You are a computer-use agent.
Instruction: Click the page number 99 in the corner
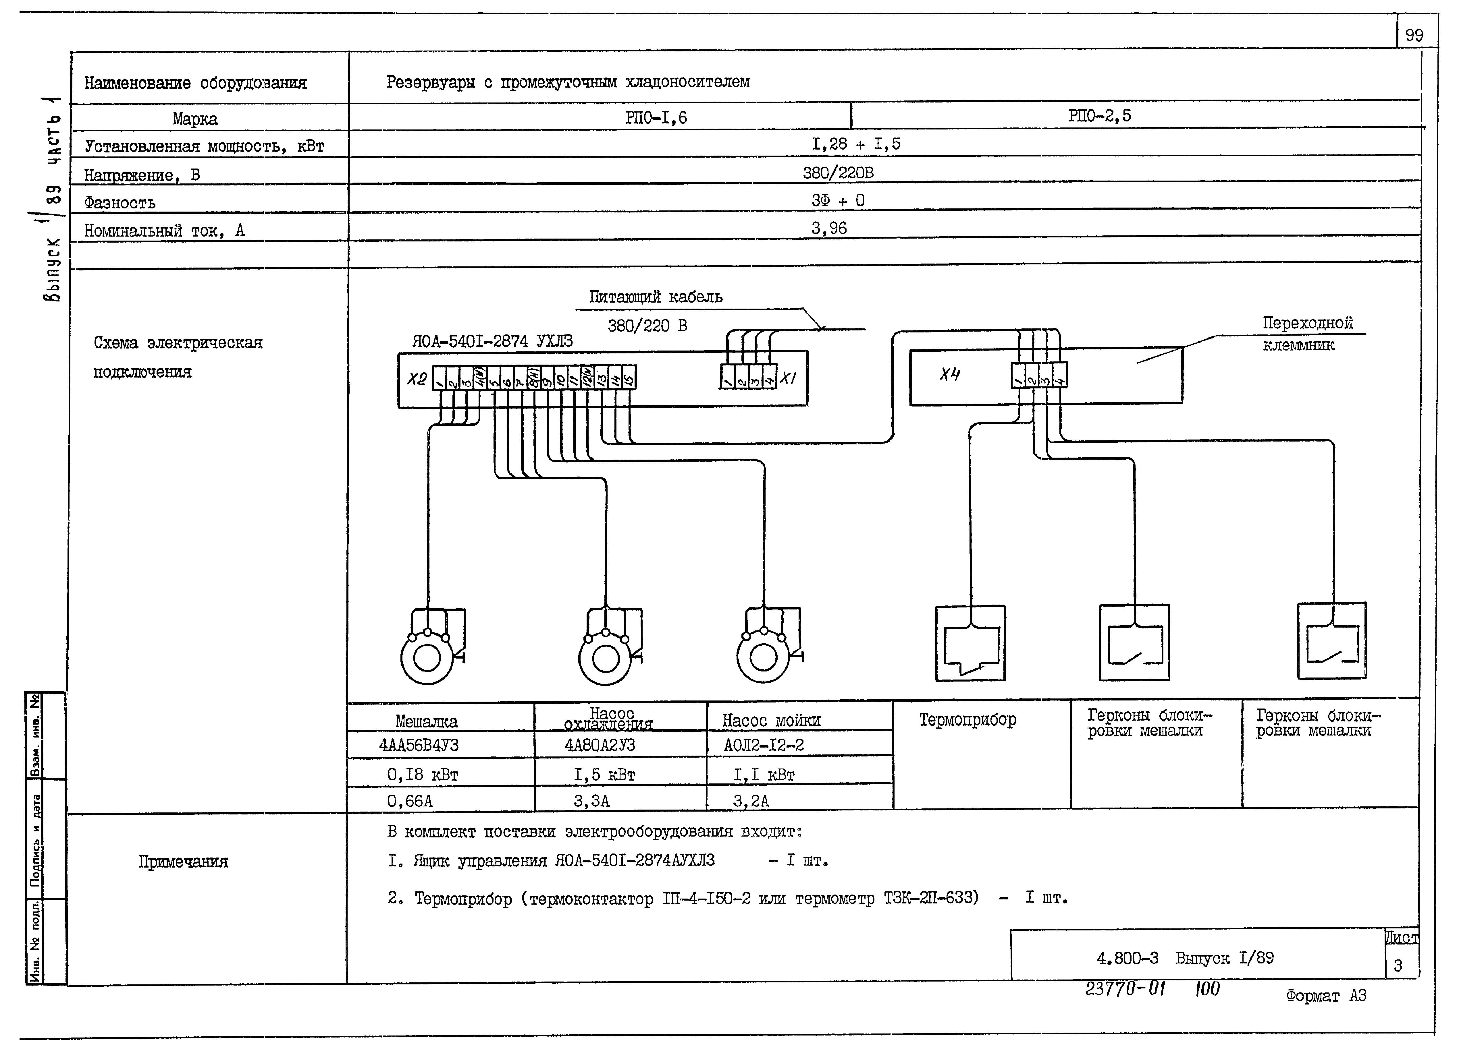[x=1414, y=35]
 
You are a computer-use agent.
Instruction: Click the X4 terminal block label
[x=949, y=374]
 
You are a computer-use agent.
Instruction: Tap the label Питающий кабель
[x=656, y=297]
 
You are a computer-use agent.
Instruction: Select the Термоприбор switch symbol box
[x=970, y=643]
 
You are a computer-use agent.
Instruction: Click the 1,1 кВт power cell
[x=764, y=775]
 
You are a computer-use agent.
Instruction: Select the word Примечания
[x=183, y=861]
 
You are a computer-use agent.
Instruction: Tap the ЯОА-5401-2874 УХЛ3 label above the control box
[x=492, y=341]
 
